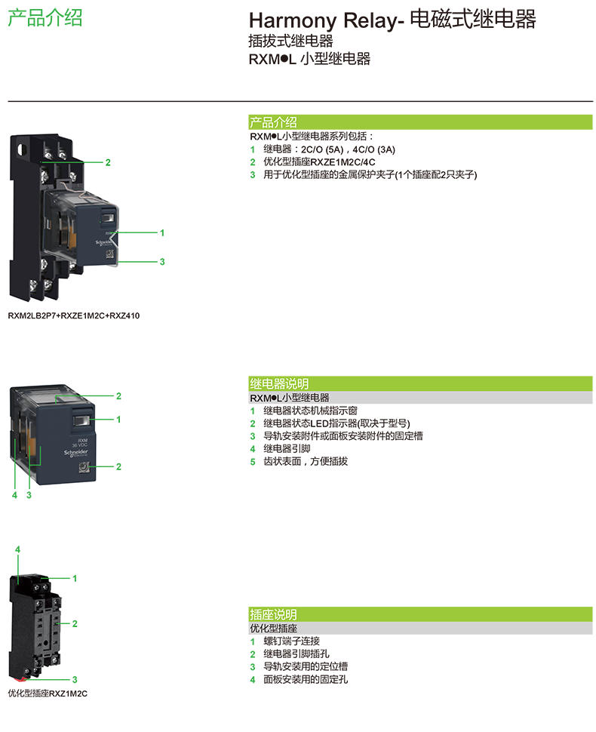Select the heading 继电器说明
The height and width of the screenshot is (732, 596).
coord(279,383)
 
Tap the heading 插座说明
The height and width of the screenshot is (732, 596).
coord(273,615)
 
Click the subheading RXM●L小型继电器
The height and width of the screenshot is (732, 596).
coord(290,398)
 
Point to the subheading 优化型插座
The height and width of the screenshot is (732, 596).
coord(273,629)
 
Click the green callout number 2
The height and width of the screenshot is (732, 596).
coord(108,162)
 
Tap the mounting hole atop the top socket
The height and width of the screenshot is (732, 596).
coord(26,146)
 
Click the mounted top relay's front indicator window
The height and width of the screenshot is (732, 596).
coord(107,219)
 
